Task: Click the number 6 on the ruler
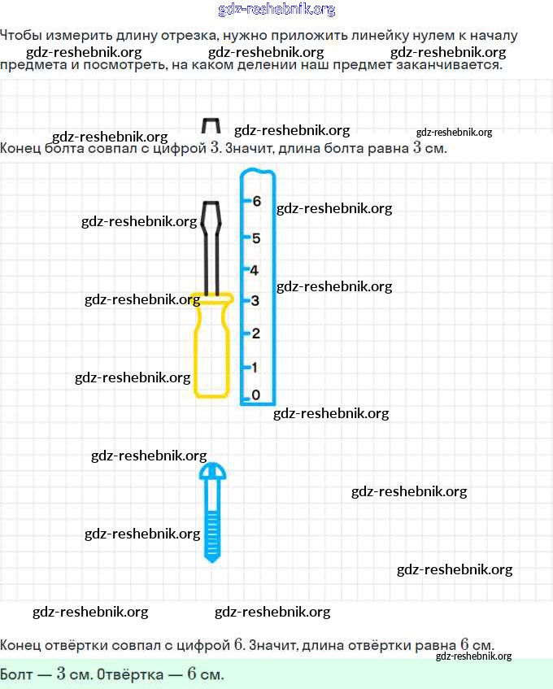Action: (256, 201)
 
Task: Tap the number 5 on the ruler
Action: (256, 238)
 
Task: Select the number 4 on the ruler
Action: (255, 270)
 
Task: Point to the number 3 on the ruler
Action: (255, 301)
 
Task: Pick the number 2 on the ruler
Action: (255, 334)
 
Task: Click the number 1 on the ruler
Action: (255, 367)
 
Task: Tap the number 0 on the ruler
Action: (256, 395)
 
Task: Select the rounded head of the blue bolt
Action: (213, 471)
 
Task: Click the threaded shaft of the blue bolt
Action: (213, 529)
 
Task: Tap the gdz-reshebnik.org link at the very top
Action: (276, 10)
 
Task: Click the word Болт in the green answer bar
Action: (17, 675)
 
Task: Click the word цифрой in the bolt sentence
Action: (181, 149)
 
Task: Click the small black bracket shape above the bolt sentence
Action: (210, 125)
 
